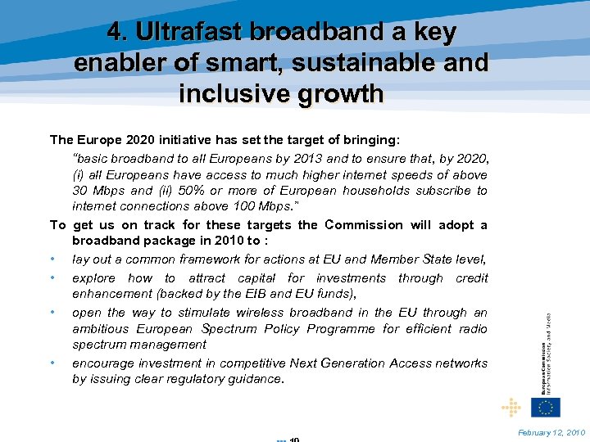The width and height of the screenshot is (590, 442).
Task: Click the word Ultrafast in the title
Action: [190, 32]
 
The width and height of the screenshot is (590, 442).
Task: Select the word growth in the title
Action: [338, 93]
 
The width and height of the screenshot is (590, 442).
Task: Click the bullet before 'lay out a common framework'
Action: [52, 259]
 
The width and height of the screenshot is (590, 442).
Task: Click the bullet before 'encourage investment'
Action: [52, 363]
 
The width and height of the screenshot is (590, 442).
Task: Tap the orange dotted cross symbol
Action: [511, 407]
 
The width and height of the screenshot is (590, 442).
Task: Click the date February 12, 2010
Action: [551, 431]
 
